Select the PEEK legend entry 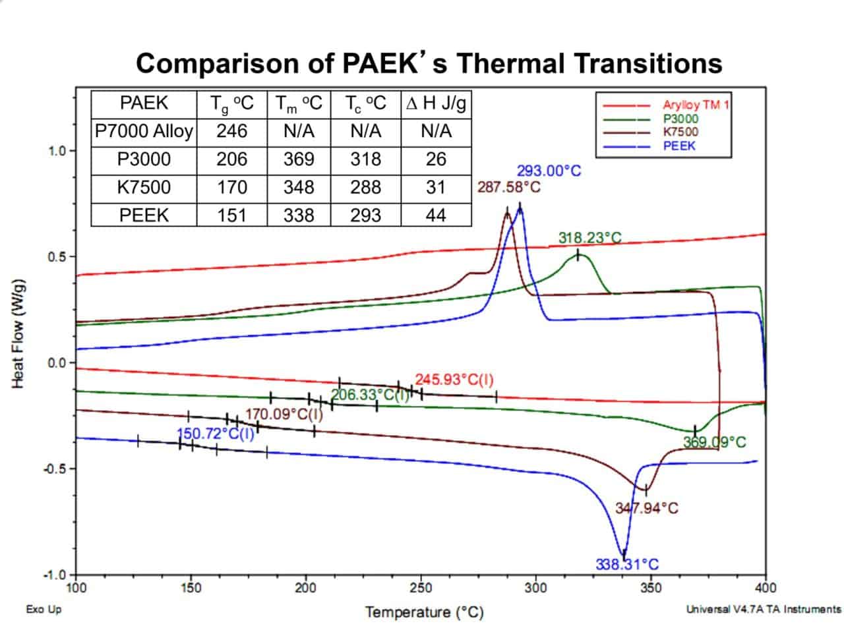678,146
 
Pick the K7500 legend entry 680,132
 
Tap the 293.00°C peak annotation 549,171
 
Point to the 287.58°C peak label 508,187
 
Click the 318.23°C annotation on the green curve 589,238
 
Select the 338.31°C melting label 626,565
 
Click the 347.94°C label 646,508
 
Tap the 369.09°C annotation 714,442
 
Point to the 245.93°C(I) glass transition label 454,380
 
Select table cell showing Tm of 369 298,159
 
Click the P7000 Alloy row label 144,131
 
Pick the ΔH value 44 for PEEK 435,215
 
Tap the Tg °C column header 231,103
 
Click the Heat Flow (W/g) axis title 19,333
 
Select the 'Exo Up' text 44,610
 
